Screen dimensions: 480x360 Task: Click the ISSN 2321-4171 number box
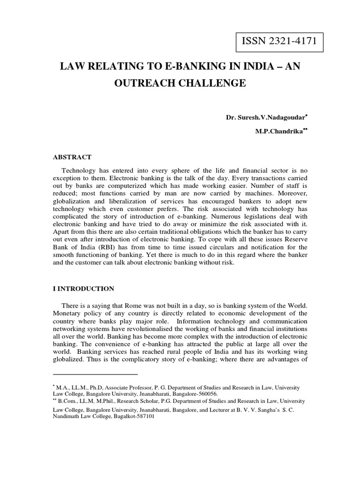point(279,42)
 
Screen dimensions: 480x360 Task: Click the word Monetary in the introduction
point(69,314)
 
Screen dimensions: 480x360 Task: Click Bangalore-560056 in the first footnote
point(180,394)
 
